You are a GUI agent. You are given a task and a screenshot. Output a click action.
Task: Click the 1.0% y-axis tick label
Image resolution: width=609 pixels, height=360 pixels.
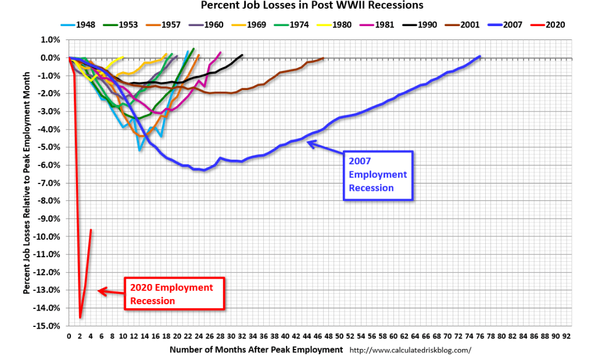(50, 40)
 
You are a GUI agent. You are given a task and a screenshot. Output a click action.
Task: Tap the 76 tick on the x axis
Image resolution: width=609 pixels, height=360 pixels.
(480, 336)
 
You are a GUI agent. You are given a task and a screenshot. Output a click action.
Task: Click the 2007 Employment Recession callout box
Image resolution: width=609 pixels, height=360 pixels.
(378, 175)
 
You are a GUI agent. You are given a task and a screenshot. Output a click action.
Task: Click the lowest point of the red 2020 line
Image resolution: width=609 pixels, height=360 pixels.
(80, 317)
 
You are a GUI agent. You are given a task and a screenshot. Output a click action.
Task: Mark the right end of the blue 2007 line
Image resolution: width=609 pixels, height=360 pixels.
(480, 56)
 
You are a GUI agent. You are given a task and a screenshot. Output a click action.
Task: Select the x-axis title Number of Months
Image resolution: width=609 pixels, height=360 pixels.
(256, 350)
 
